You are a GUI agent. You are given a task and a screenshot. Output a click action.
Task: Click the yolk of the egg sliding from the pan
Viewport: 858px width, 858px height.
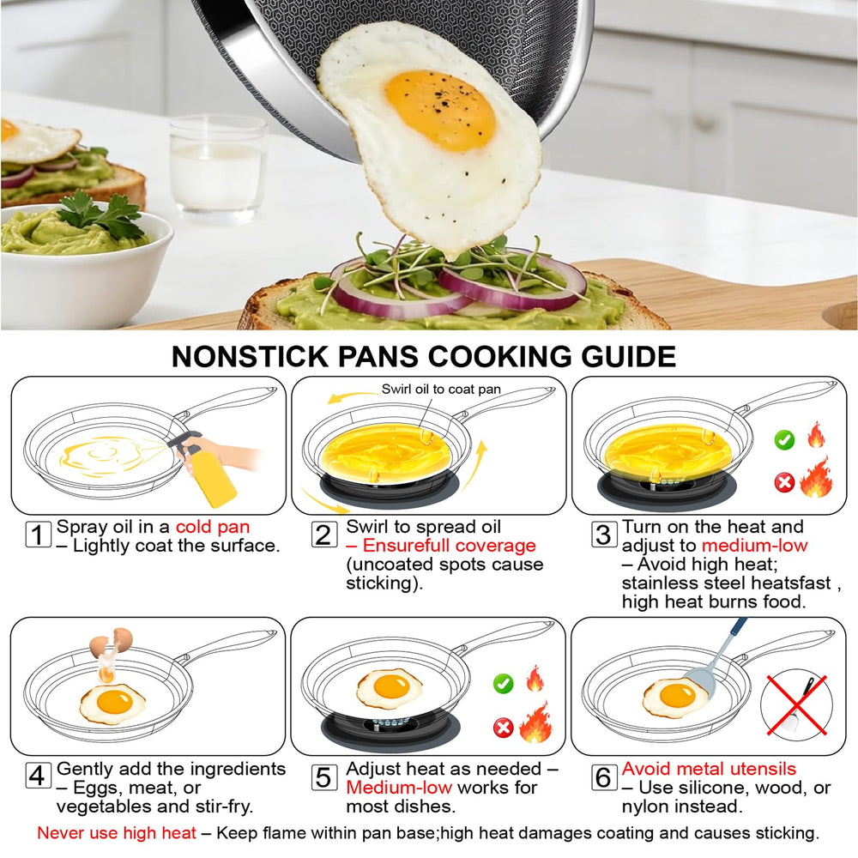click(x=440, y=110)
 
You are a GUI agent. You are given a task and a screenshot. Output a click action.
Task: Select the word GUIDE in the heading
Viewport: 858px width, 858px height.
click(x=628, y=357)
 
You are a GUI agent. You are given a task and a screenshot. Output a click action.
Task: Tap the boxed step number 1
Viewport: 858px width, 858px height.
click(x=39, y=535)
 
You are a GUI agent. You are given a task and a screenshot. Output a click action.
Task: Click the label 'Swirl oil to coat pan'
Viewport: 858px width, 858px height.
click(x=441, y=389)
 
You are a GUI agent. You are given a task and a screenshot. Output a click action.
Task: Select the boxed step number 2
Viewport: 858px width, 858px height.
click(x=324, y=535)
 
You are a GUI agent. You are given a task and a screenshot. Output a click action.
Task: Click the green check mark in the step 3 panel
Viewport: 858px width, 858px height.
click(x=784, y=439)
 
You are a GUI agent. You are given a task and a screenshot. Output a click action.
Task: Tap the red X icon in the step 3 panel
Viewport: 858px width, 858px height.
click(x=784, y=482)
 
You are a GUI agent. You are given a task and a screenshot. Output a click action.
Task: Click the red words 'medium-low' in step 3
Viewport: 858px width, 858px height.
click(x=754, y=546)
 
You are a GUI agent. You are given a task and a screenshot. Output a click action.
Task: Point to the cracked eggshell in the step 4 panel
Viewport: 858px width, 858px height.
click(x=111, y=643)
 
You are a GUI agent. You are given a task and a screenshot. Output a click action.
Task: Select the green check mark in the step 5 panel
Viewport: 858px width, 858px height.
click(x=504, y=684)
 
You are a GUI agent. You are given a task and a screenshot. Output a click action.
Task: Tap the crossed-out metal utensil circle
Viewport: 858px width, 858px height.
click(x=796, y=705)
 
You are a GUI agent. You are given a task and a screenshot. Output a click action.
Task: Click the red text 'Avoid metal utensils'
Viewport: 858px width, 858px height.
click(x=709, y=769)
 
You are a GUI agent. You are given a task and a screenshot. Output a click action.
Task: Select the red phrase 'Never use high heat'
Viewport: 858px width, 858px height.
click(x=117, y=833)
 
